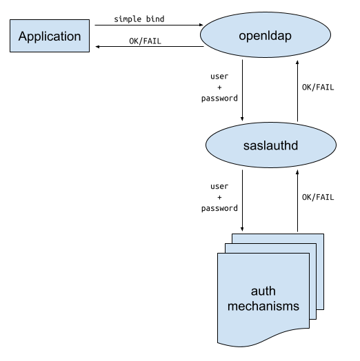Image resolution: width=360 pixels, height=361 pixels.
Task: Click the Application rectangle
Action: (50, 36)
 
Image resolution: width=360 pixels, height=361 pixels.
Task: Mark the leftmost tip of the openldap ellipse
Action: (201, 34)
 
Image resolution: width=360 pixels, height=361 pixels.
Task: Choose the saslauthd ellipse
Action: (270, 146)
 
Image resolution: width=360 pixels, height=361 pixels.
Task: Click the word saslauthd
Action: (270, 146)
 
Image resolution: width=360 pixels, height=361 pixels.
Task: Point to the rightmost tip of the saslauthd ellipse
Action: (335, 146)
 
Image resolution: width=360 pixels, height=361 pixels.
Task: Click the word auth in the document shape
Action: (263, 291)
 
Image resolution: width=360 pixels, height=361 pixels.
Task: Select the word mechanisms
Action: (263, 305)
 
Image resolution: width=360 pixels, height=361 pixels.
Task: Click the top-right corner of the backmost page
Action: (323, 235)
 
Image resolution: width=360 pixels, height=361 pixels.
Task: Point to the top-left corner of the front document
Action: (219, 254)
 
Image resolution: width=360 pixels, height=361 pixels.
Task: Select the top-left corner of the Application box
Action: (11, 21)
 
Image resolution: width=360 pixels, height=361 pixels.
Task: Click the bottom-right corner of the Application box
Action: (88, 51)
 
